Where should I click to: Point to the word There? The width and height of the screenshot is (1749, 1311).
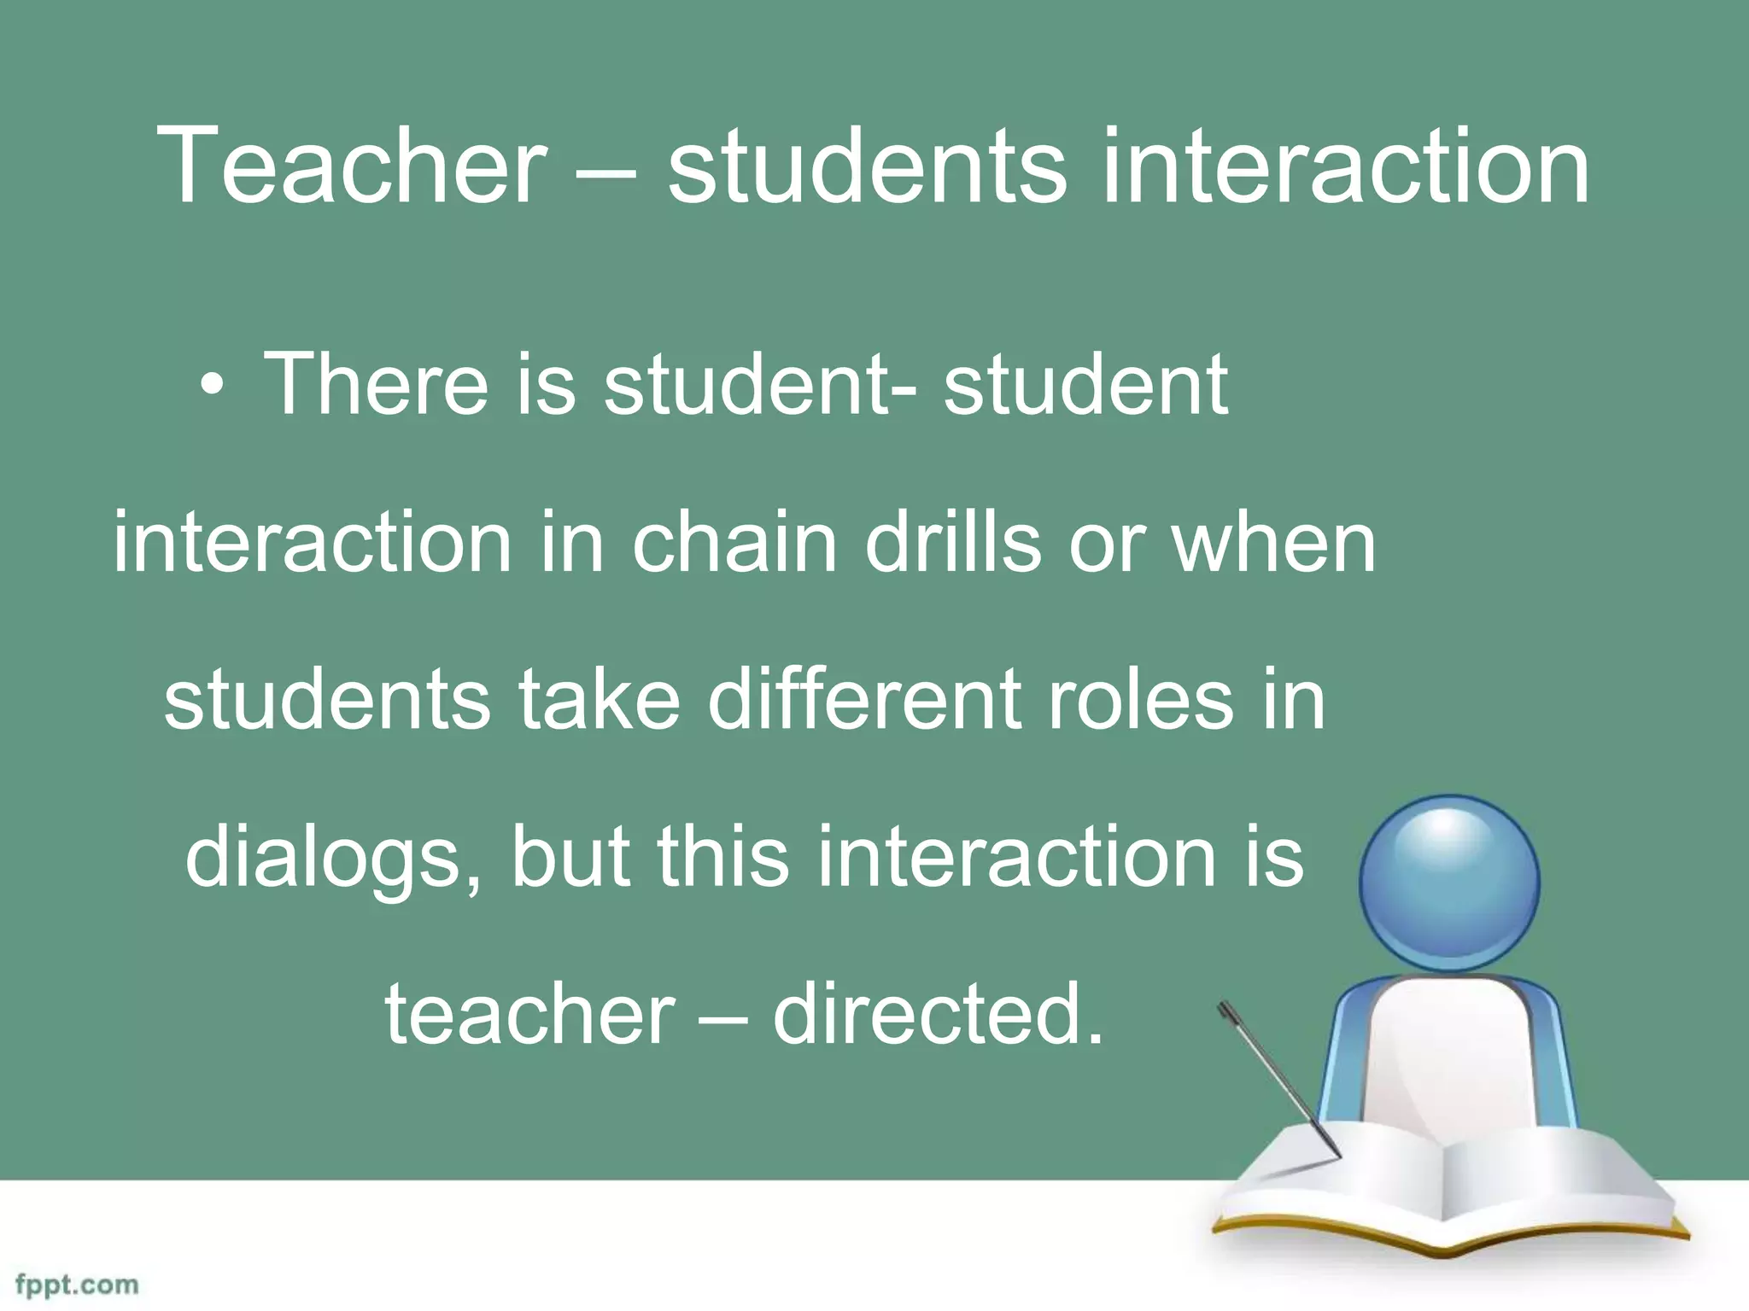(376, 385)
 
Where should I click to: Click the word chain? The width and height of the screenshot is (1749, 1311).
(734, 542)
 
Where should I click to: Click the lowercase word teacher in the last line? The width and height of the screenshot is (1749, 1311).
(530, 1014)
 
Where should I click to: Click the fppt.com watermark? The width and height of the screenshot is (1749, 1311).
(77, 1285)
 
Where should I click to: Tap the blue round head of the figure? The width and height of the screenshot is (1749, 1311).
(1449, 883)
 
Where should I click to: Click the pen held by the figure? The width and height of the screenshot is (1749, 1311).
(1278, 1079)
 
